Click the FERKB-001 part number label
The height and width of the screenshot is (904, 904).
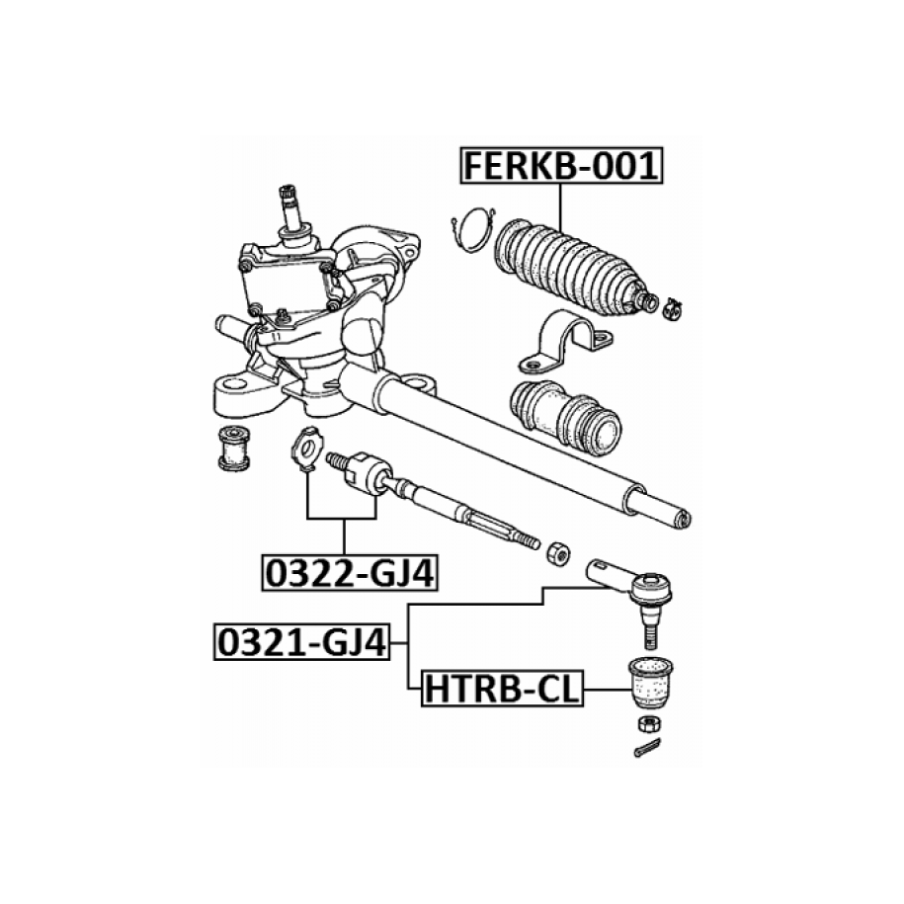[561, 165]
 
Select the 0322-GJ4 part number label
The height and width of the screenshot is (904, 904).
[350, 573]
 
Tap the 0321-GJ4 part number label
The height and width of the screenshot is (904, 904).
[302, 641]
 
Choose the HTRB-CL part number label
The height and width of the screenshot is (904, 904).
[502, 689]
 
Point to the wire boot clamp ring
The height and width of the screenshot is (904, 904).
[474, 229]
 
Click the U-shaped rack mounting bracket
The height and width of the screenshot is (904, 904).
[565, 341]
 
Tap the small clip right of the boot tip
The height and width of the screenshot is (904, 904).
[672, 309]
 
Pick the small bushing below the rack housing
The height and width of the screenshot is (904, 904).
[234, 448]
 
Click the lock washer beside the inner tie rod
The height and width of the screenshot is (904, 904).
[307, 450]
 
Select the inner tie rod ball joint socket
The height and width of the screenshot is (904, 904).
[368, 473]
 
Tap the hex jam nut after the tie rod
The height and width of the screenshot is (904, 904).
[557, 553]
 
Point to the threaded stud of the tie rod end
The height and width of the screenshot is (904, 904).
[651, 636]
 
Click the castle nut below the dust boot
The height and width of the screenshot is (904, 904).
[649, 722]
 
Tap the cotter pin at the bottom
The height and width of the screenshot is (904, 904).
[647, 748]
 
